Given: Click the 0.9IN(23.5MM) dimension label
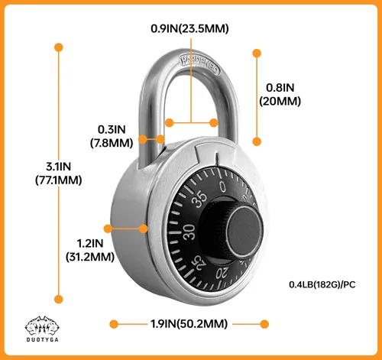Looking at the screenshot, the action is point(189,28).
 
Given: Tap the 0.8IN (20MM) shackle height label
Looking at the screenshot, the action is point(280,95).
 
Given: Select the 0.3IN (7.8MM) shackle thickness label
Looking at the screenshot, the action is point(112,136).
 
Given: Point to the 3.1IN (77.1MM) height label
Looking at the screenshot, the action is point(59,174).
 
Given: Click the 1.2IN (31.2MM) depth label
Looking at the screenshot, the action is point(90,250).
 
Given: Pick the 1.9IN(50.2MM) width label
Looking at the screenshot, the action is point(189,324).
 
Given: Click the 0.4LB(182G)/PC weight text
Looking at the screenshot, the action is point(322,284).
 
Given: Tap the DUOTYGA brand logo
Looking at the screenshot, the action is point(42,329).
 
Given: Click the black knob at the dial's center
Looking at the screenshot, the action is point(244,232).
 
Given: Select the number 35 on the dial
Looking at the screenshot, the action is point(199,199).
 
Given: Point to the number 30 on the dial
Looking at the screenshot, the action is point(189,232).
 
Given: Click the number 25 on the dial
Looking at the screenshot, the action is point(200,264).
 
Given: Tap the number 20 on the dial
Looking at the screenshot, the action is point(222,273).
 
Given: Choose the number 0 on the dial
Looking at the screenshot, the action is point(222,186).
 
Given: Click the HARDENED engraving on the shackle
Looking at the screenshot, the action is point(200,64).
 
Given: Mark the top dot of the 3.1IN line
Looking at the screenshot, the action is point(59,47).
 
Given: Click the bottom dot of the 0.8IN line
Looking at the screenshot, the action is point(257,141).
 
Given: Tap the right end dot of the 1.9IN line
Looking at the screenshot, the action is point(264,324).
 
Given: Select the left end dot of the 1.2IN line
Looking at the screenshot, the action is point(108,229).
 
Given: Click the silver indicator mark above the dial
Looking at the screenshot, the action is point(217,159).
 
